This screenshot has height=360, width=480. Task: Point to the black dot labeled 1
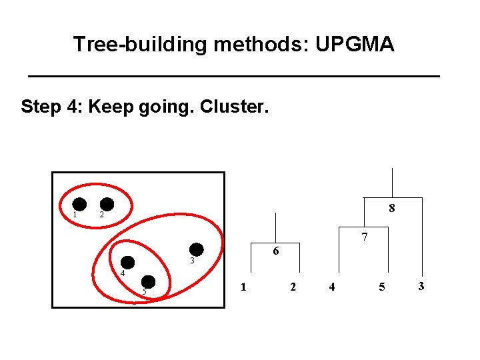(x=79, y=205)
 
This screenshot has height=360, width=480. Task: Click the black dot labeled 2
(x=107, y=205)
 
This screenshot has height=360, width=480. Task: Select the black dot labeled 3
(x=197, y=249)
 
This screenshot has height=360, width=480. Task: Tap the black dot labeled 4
(x=127, y=263)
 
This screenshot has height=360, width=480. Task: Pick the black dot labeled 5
(x=149, y=282)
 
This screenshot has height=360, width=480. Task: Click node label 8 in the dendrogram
(x=392, y=208)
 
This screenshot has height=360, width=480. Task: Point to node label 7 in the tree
(x=365, y=237)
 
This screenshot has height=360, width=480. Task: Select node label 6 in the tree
(x=275, y=251)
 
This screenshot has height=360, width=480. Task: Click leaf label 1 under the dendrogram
(x=243, y=287)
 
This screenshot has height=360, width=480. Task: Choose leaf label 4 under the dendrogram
(x=331, y=287)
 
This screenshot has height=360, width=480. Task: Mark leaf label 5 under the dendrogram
(x=381, y=287)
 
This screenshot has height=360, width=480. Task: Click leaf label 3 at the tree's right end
(x=421, y=286)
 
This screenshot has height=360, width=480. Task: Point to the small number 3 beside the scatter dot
(x=191, y=261)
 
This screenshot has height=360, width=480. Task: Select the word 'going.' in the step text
(x=167, y=107)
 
